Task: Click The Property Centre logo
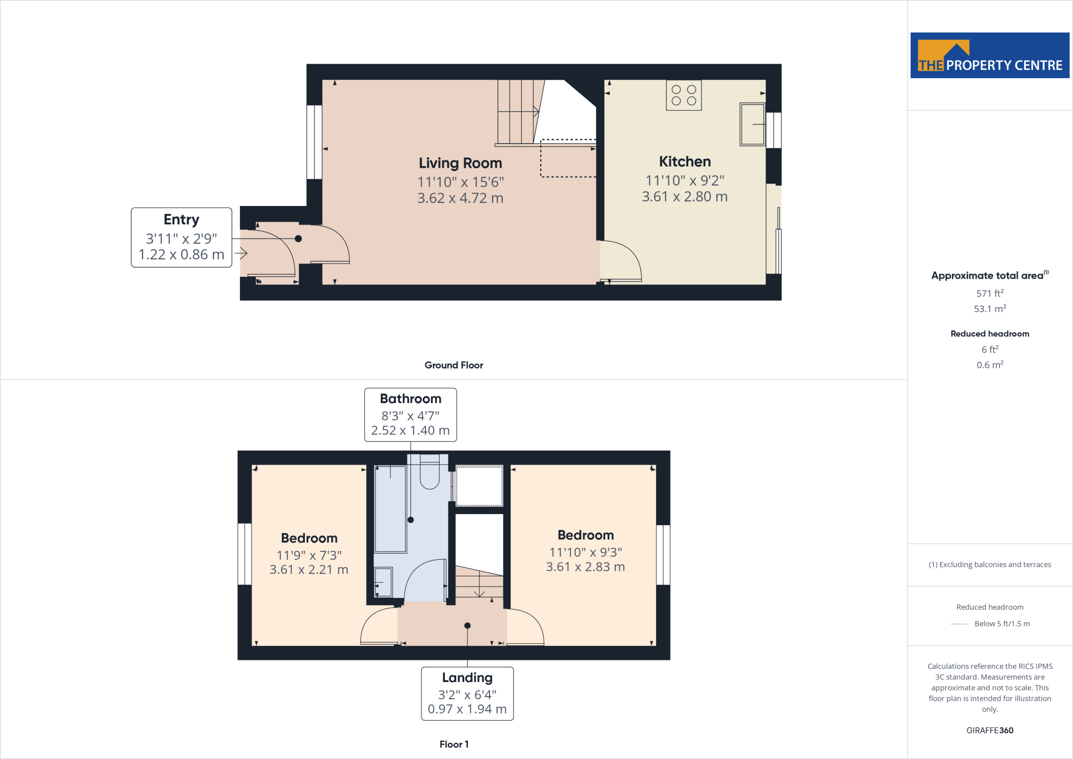click(989, 56)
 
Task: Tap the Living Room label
click(460, 163)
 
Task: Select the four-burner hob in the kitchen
click(684, 95)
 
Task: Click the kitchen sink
click(752, 124)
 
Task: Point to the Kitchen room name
click(684, 161)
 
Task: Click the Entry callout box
click(181, 237)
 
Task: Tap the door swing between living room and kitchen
click(621, 261)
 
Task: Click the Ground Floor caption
click(454, 365)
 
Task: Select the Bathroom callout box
click(410, 415)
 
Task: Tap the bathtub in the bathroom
click(390, 508)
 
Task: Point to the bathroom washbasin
click(383, 582)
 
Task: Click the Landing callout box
click(467, 693)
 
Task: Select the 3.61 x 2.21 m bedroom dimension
click(309, 570)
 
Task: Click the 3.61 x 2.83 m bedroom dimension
click(585, 567)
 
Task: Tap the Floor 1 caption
click(454, 744)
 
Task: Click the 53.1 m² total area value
click(989, 309)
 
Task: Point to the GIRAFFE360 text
click(989, 730)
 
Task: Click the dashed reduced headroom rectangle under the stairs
click(568, 158)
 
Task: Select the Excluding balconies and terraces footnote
click(989, 565)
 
